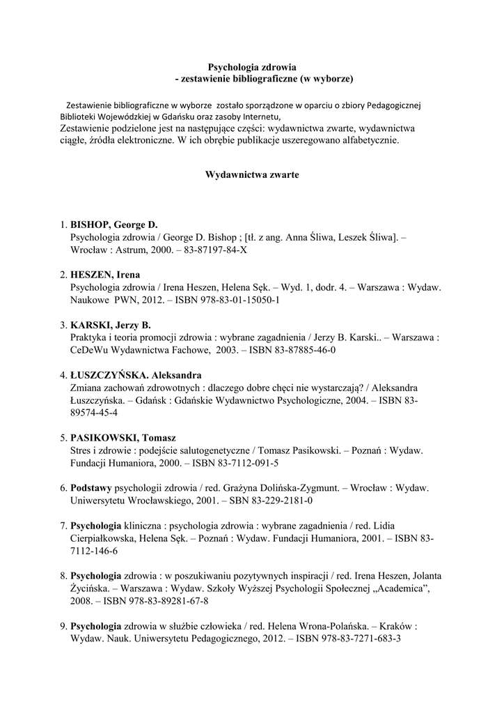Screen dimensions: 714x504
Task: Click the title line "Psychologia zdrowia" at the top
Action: [253, 67]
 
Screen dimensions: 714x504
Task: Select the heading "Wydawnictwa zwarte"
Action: [252, 175]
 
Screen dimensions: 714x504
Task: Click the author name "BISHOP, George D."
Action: [114, 225]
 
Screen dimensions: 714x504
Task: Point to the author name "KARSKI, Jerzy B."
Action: [111, 325]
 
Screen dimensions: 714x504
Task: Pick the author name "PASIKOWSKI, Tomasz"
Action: [123, 437]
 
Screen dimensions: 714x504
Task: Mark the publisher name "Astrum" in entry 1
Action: [122, 249]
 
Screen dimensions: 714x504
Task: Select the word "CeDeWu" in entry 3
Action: [89, 349]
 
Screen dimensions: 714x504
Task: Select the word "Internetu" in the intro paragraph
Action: [257, 116]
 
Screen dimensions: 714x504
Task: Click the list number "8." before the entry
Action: [64, 575]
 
